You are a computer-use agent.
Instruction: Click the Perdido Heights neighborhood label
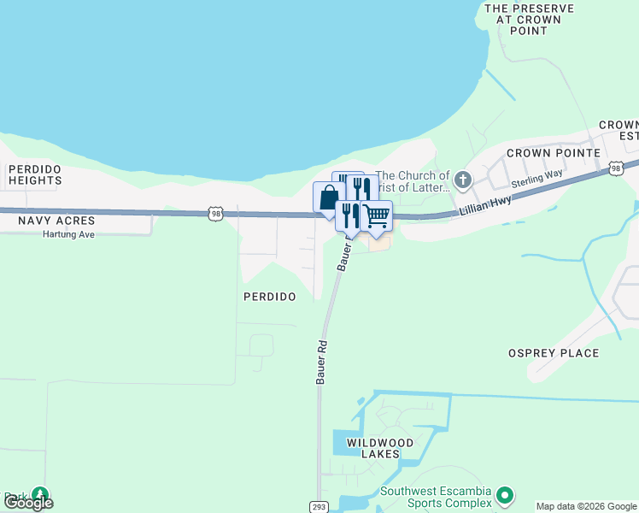(x=35, y=174)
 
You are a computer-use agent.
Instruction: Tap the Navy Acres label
(x=56, y=221)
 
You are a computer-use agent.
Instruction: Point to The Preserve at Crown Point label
(x=523, y=19)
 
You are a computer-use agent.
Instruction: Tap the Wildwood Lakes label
(x=380, y=448)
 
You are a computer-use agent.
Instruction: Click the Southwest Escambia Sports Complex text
(x=436, y=497)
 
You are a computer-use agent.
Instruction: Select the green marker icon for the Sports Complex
(x=505, y=495)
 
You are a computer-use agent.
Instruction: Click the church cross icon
(x=463, y=180)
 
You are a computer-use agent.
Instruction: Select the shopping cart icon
(x=376, y=215)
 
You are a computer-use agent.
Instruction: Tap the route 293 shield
(x=318, y=507)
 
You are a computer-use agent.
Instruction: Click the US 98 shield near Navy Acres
(x=214, y=213)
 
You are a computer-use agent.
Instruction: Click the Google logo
(x=28, y=503)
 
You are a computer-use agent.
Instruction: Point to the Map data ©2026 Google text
(x=586, y=507)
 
